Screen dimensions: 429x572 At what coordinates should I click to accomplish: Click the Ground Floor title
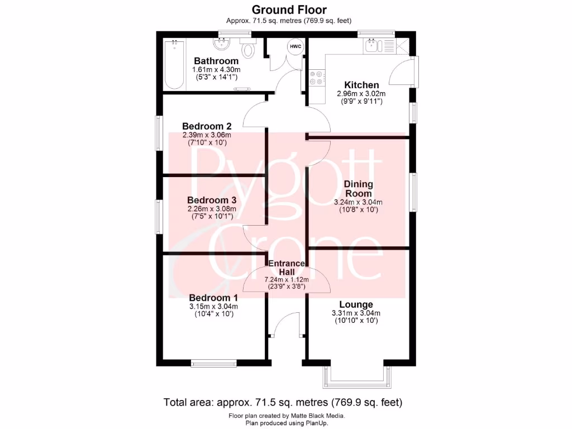(x=289, y=9)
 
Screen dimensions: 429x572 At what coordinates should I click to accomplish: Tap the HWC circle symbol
(x=295, y=47)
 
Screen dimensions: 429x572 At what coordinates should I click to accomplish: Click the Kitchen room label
(x=362, y=85)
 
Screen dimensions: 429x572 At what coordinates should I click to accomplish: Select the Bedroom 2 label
(x=207, y=126)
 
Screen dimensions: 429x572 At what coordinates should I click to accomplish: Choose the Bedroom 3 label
(x=212, y=200)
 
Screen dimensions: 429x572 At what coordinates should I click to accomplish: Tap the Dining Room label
(x=358, y=189)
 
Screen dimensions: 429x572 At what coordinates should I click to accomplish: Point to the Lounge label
(x=356, y=304)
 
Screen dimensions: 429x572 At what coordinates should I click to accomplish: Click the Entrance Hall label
(x=287, y=268)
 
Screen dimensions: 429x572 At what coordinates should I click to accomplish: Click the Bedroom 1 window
(x=213, y=363)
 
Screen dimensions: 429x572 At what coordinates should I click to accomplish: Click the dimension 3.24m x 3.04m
(x=358, y=202)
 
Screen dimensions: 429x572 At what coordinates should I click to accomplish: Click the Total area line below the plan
(x=283, y=402)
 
